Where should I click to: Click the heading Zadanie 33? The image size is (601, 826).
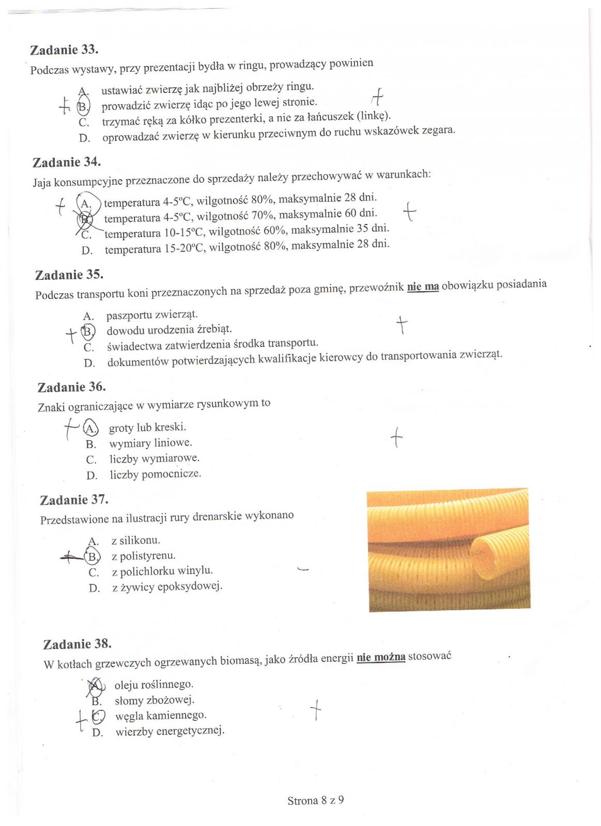tap(64, 50)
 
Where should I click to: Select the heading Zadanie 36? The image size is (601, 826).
tap(71, 387)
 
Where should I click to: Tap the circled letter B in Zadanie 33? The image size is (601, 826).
tap(83, 107)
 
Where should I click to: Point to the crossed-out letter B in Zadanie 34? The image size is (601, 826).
tap(84, 219)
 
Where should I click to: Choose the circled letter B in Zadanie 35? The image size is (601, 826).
tap(88, 331)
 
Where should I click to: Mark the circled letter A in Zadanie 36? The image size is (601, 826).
tap(90, 428)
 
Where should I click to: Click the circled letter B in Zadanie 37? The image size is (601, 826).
tap(93, 557)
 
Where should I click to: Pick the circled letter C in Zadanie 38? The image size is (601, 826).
tap(97, 716)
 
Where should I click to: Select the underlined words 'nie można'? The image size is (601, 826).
tap(381, 657)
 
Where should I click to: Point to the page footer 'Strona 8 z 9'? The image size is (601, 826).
tap(315, 801)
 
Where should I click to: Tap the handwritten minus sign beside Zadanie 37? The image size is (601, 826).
tap(303, 569)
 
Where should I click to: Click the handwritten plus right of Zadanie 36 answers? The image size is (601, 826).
tap(396, 437)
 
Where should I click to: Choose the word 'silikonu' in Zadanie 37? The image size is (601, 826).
tap(140, 541)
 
